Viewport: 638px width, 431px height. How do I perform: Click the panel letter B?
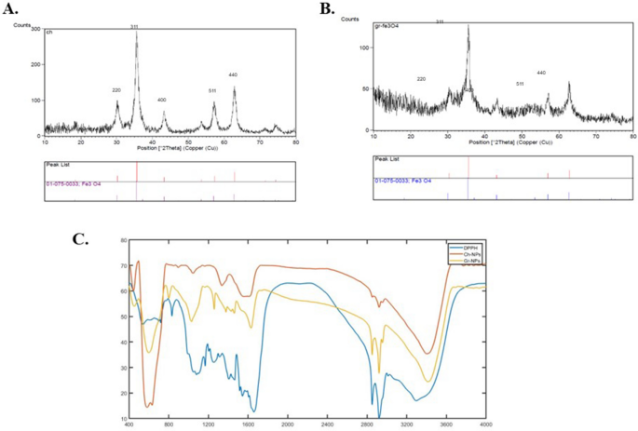pos(328,9)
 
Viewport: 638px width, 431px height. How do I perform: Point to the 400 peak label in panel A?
pos(163,100)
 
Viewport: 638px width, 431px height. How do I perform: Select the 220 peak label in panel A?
pos(116,90)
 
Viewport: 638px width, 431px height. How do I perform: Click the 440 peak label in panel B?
pos(541,72)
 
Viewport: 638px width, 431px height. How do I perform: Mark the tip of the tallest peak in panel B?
pos(468,26)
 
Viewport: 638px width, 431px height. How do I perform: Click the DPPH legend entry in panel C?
pos(460,247)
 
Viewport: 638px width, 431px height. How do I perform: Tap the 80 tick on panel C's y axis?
pos(122,240)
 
